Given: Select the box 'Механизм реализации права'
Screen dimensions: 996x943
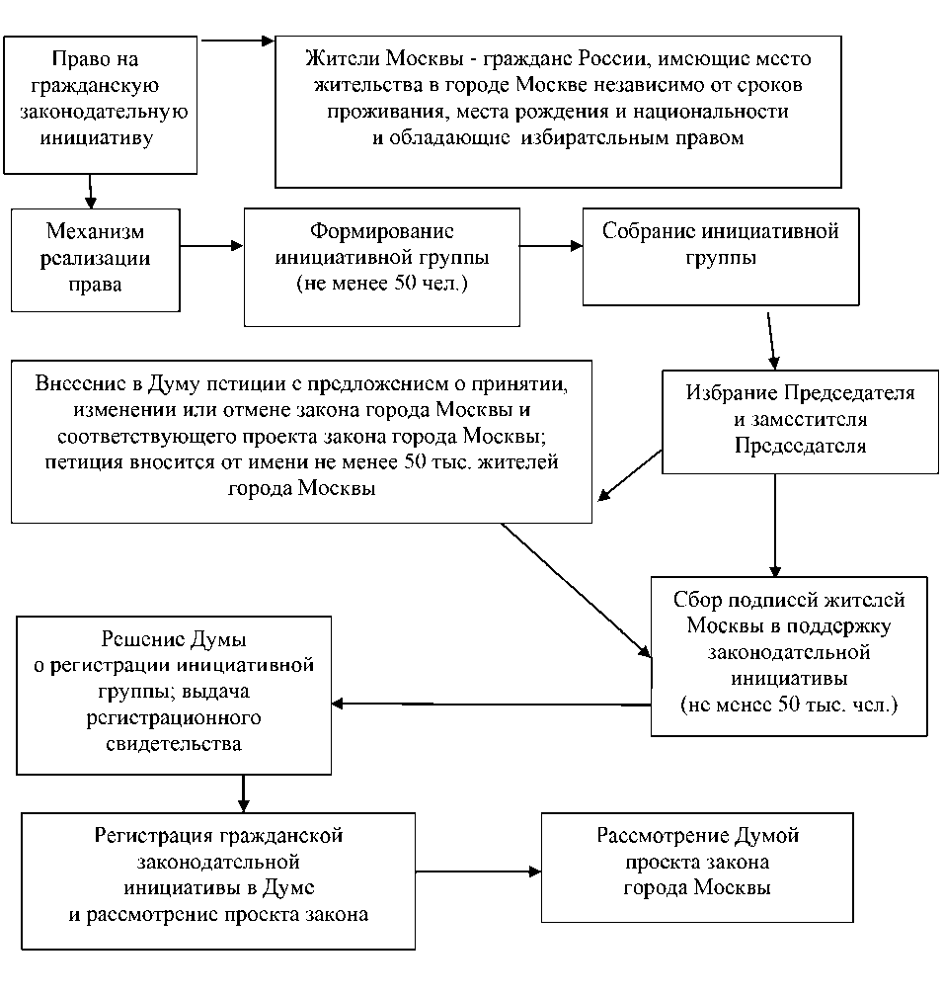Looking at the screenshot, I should (x=95, y=259).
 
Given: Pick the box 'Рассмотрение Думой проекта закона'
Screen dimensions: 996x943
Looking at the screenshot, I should (x=696, y=869).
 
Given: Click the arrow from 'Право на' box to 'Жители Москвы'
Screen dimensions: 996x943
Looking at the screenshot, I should (x=237, y=41).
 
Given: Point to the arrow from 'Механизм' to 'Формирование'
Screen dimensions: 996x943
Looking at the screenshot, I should (x=212, y=245).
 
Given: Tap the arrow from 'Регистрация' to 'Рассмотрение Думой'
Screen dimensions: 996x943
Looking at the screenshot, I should (x=480, y=871).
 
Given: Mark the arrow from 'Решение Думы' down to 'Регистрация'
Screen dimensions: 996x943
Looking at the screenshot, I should (x=243, y=791).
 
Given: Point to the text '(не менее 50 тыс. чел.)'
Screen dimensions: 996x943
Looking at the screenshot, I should (x=788, y=706).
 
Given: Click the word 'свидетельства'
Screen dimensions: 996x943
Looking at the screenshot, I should (x=173, y=743).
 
